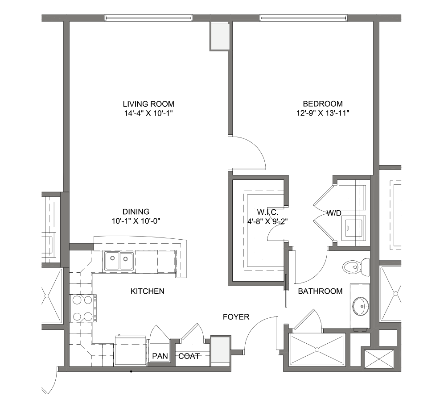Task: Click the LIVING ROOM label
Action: [148, 104]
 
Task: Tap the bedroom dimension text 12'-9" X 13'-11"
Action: [322, 113]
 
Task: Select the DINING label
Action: [136, 212]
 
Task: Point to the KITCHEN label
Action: [147, 291]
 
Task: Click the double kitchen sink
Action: [119, 261]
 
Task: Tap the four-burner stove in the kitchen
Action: [82, 308]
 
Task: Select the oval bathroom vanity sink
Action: [361, 306]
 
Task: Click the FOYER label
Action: [236, 316]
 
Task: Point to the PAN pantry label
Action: [160, 356]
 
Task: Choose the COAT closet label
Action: [189, 356]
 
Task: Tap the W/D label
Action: [334, 213]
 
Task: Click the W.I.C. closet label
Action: [267, 212]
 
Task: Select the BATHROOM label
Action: [320, 291]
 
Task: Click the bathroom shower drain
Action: [317, 350]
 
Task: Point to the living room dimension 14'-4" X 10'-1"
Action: [148, 113]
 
